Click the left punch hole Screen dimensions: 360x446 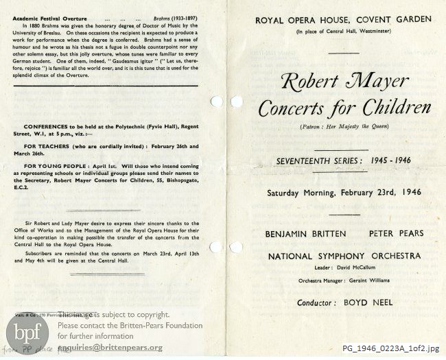coord(217,102)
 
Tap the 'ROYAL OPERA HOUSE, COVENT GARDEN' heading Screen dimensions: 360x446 coord(343,20)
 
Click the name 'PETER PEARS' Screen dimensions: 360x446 coord(396,234)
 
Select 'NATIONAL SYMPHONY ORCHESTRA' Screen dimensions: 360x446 coord(344,256)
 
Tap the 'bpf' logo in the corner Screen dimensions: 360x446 coord(27,335)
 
